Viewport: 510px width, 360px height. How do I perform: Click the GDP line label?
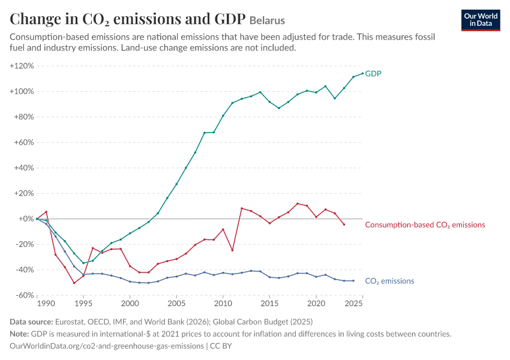[x=373, y=73]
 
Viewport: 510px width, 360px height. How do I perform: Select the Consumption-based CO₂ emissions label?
[x=425, y=225]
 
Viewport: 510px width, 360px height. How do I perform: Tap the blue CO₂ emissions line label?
[x=389, y=281]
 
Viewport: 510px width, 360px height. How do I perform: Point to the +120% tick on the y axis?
[x=22, y=65]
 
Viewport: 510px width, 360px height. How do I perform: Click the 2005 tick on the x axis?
[x=176, y=304]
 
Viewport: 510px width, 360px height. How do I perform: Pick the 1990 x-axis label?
[x=46, y=304]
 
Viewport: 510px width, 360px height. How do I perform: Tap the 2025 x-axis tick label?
[x=353, y=304]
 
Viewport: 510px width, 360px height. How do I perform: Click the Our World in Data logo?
[x=481, y=20]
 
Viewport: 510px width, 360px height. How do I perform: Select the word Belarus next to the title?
[x=267, y=20]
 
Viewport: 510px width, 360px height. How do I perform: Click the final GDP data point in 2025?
[x=362, y=73]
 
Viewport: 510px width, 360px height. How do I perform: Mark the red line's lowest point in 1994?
[x=74, y=283]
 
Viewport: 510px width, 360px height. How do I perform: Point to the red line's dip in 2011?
[x=232, y=250]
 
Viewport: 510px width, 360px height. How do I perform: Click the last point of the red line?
[x=344, y=224]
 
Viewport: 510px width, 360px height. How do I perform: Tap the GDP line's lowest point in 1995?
[x=83, y=263]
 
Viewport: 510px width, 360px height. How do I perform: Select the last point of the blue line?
[x=353, y=281]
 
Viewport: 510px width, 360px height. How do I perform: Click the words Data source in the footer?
[x=31, y=322]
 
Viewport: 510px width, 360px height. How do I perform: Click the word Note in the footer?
[x=19, y=334]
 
